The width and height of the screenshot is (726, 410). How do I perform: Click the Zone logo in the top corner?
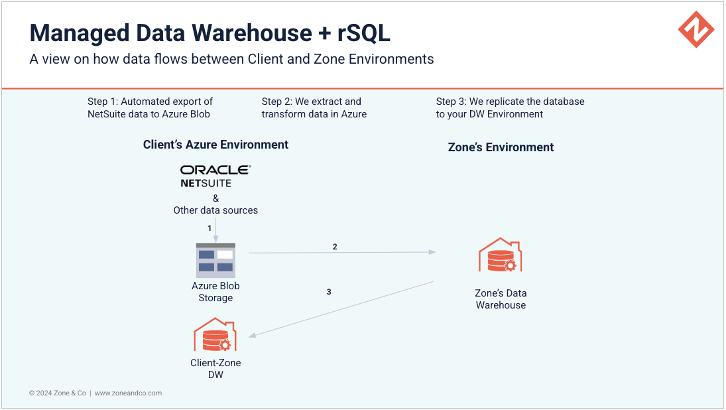(x=696, y=29)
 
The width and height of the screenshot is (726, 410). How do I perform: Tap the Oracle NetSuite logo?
(x=215, y=176)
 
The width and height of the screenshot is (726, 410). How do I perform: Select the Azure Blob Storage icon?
(x=215, y=261)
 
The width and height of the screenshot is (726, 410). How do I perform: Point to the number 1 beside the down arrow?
(x=210, y=228)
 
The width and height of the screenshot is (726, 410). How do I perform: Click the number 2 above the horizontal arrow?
(x=335, y=247)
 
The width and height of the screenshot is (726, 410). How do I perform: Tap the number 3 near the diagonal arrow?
(x=329, y=291)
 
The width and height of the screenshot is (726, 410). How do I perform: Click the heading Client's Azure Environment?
(x=215, y=145)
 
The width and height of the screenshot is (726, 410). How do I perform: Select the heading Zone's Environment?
(x=501, y=147)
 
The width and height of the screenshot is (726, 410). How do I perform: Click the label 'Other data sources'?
(x=215, y=210)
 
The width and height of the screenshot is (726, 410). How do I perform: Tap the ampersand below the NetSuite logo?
(x=215, y=198)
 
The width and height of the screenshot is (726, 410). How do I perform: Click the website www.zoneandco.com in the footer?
(x=128, y=393)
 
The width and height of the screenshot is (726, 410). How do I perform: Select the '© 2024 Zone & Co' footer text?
(x=58, y=393)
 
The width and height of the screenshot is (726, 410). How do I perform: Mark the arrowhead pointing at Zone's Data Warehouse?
(x=432, y=252)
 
